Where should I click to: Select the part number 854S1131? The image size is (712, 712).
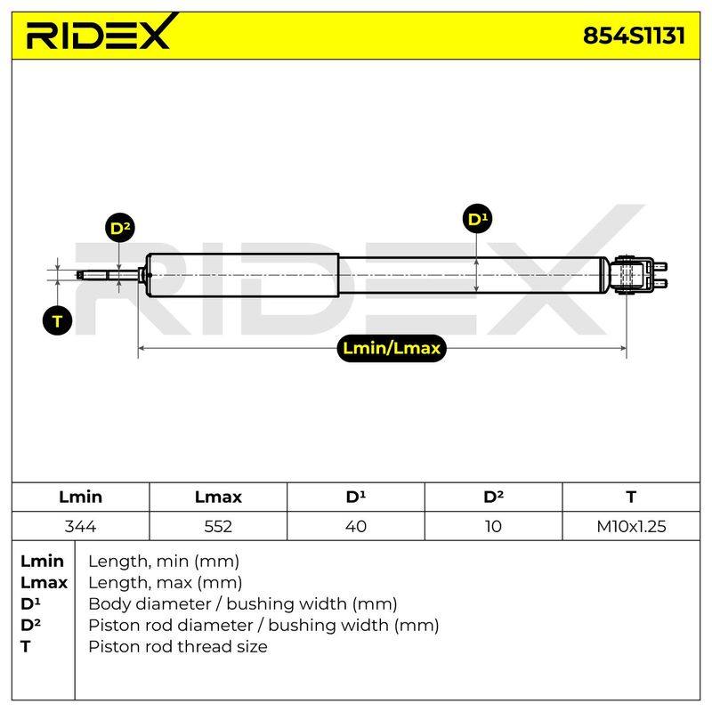pos(634,36)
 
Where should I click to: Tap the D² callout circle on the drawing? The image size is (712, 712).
pos(120,228)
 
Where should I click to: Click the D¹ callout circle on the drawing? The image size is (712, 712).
pos(477,219)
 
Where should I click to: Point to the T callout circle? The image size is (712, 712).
pos(57,321)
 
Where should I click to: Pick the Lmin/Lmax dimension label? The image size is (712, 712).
pos(392,348)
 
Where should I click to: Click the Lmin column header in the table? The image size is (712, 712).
pos(80,497)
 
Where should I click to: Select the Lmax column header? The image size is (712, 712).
pos(218,497)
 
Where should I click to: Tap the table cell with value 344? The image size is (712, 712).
pos(80,526)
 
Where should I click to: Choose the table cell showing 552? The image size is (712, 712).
pos(218,526)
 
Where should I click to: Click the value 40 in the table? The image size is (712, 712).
pos(355,526)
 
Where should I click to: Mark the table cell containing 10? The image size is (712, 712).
pos(493,526)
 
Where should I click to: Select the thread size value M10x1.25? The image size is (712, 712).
pos(631,526)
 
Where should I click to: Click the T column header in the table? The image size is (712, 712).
pos(631,497)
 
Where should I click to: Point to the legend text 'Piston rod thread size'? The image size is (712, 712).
pos(177,647)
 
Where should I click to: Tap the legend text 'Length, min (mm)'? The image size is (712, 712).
pos(164,562)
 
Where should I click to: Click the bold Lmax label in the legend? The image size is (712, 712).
pos(44,583)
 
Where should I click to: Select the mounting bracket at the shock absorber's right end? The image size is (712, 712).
pos(639,275)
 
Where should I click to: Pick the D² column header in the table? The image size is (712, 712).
pos(493,497)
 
